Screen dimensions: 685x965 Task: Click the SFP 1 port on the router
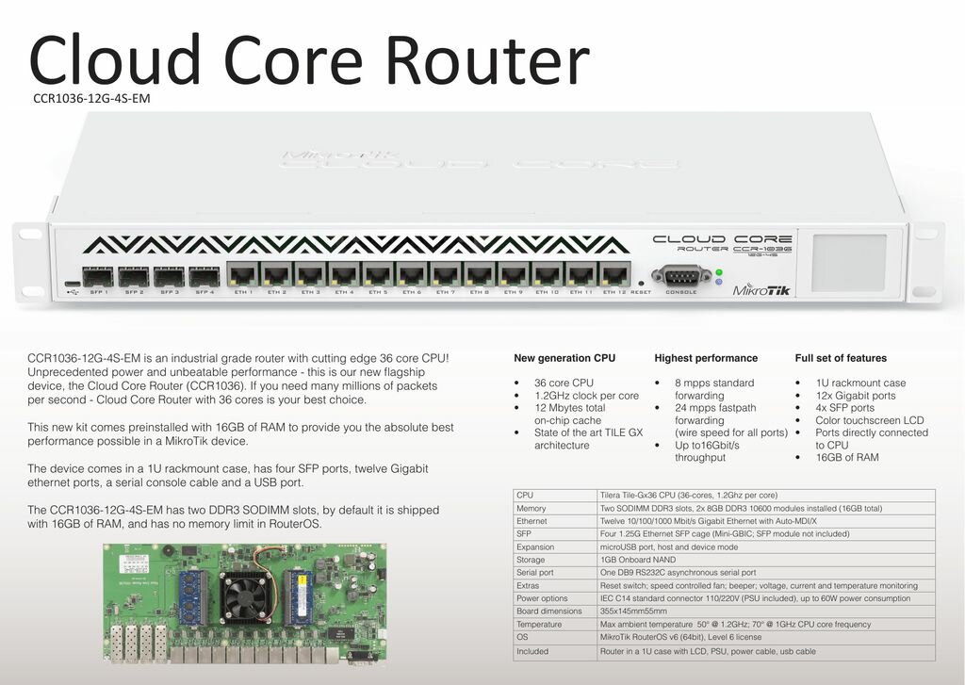pyautogui.click(x=99, y=276)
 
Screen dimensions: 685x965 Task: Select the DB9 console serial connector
pyautogui.click(x=680, y=276)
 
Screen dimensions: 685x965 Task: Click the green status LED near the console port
pyautogui.click(x=719, y=272)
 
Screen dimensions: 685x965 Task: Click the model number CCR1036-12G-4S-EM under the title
pyautogui.click(x=91, y=97)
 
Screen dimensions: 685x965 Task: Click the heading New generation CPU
pyautogui.click(x=564, y=358)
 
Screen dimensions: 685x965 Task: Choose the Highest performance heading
pyautogui.click(x=705, y=358)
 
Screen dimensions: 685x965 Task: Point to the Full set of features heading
pyautogui.click(x=839, y=358)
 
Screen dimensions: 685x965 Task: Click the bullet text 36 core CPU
pyautogui.click(x=564, y=383)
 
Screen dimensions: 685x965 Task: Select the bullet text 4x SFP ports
pyautogui.click(x=844, y=408)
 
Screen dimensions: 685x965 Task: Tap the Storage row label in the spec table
pyautogui.click(x=532, y=560)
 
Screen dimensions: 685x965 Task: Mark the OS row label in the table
pyautogui.click(x=522, y=637)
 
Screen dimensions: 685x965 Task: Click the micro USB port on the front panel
pyautogui.click(x=74, y=284)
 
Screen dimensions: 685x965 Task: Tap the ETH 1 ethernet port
pyautogui.click(x=243, y=275)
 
